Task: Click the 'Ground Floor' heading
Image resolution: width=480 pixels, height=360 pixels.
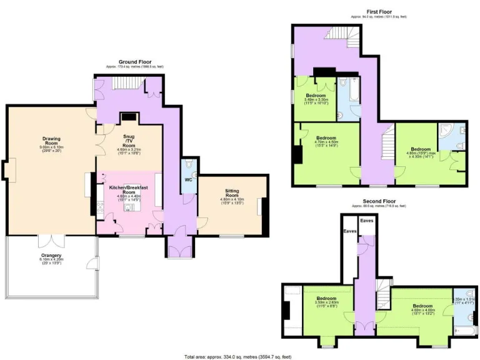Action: coord(135,62)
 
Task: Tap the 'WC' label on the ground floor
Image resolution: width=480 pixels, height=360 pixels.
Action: coord(188,179)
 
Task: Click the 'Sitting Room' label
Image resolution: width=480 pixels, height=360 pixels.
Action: coord(232,194)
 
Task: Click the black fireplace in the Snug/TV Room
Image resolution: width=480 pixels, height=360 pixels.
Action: coord(129,116)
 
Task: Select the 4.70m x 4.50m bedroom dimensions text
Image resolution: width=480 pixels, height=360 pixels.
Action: coord(326,143)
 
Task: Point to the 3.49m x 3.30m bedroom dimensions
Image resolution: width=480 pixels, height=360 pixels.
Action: coord(316,100)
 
